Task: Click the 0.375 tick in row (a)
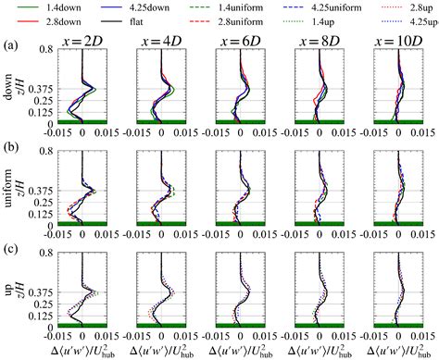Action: pyautogui.click(x=44, y=90)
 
